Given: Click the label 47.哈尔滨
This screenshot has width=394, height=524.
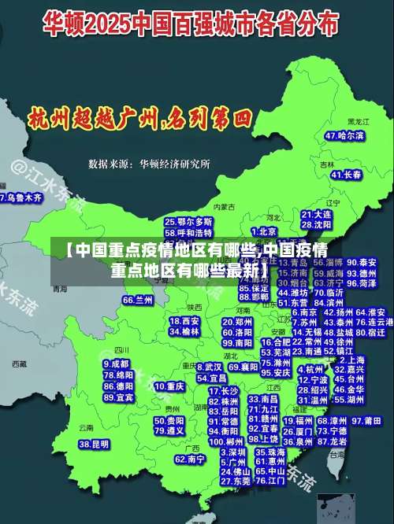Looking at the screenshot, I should click(344, 136).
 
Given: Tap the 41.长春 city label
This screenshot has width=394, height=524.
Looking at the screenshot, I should click(346, 175).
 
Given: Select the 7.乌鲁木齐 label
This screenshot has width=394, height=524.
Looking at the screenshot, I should click(20, 198).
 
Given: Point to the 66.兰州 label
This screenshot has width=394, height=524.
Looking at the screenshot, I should click(138, 300).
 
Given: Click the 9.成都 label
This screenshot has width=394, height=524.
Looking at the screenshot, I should click(116, 364).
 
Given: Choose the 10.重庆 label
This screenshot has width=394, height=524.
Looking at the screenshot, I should click(169, 387).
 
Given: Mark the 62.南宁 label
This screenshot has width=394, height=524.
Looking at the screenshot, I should click(190, 459).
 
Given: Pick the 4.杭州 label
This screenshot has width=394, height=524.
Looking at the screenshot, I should click(314, 368).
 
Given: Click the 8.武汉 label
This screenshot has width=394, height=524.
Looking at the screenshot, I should click(209, 367).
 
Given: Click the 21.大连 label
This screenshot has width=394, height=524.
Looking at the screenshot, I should click(316, 213).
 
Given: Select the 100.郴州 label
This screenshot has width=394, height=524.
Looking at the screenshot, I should click(224, 442).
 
